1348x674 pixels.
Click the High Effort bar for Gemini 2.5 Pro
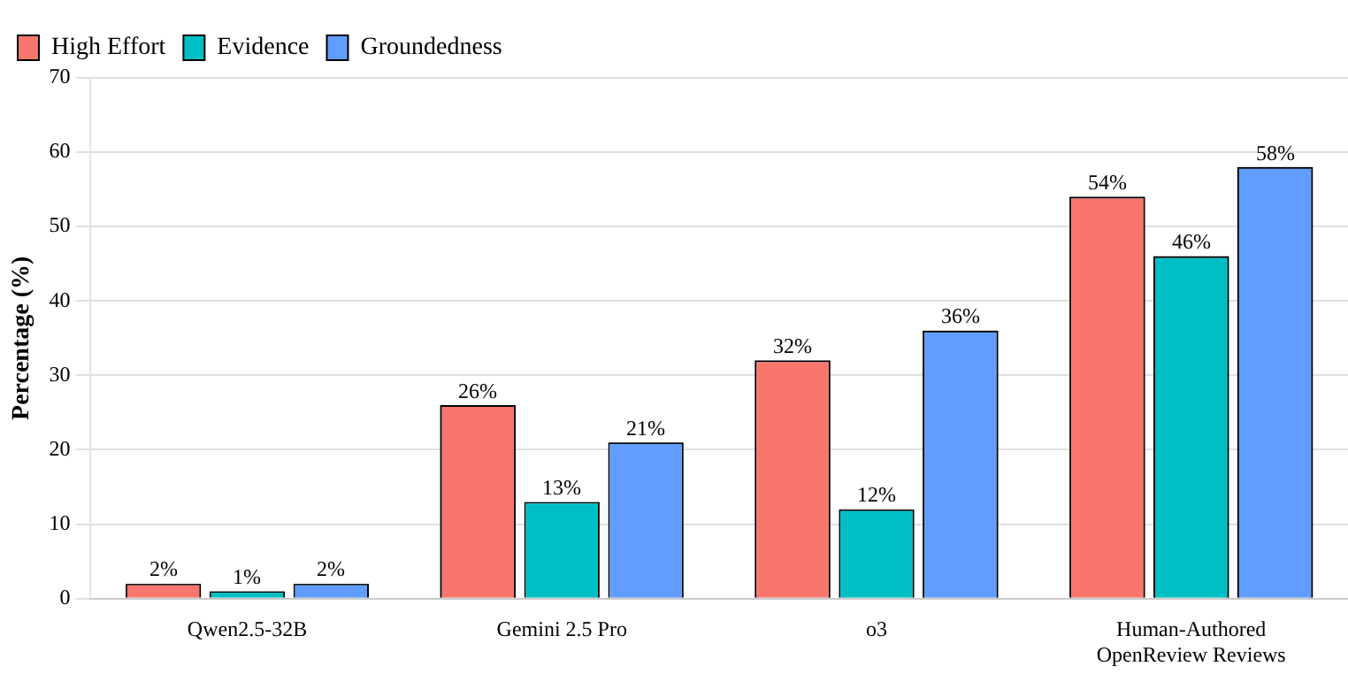pyautogui.click(x=478, y=502)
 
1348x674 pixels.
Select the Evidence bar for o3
pyautogui.click(x=876, y=554)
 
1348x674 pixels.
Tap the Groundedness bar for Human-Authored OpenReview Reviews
pyautogui.click(x=1275, y=383)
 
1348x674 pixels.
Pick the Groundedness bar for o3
pyautogui.click(x=960, y=464)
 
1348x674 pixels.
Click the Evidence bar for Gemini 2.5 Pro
pyautogui.click(x=562, y=550)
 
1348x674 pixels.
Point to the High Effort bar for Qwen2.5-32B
pyautogui.click(x=163, y=591)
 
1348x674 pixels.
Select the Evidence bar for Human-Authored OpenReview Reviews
pyautogui.click(x=1191, y=427)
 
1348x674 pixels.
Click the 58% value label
pyautogui.click(x=1275, y=154)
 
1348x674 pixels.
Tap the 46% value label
pyautogui.click(x=1191, y=242)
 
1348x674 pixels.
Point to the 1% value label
pyautogui.click(x=247, y=578)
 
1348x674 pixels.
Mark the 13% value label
pyautogui.click(x=562, y=488)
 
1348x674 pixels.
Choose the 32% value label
pyautogui.click(x=792, y=347)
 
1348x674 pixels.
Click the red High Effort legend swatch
pyautogui.click(x=28, y=47)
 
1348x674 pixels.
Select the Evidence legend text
pyautogui.click(x=263, y=47)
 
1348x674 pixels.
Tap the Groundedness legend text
pyautogui.click(x=431, y=47)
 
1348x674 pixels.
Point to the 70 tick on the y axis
pyautogui.click(x=59, y=77)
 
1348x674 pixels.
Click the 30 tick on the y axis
pyautogui.click(x=59, y=375)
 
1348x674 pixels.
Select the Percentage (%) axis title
pyautogui.click(x=20, y=338)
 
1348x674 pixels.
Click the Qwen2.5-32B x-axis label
pyautogui.click(x=247, y=630)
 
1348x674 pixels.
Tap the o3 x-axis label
pyautogui.click(x=876, y=630)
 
